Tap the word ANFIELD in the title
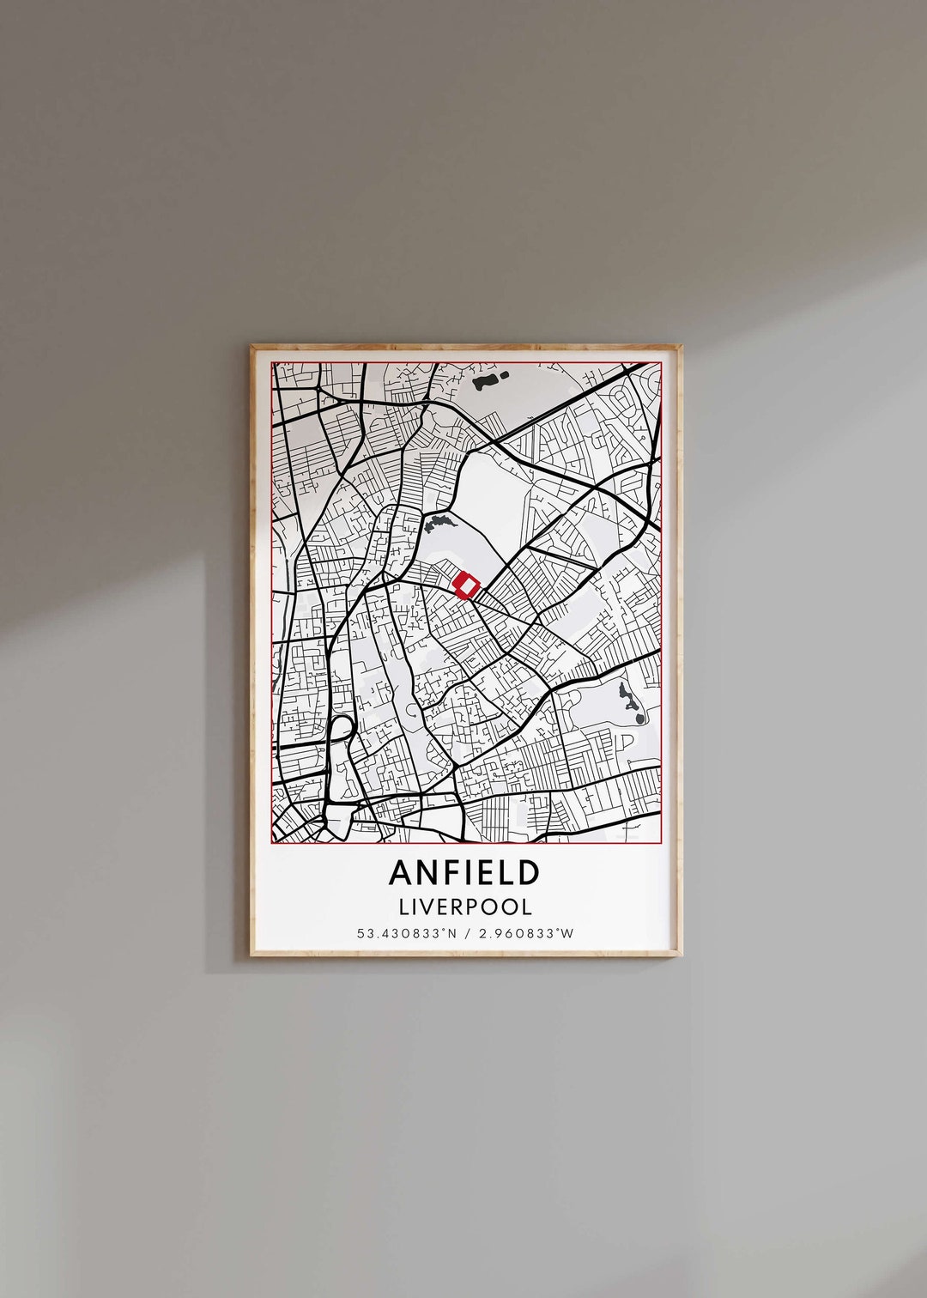(x=464, y=872)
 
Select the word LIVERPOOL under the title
(x=464, y=906)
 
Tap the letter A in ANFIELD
(x=400, y=872)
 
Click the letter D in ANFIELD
(x=530, y=872)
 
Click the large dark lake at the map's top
(x=485, y=379)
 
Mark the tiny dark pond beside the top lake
(x=504, y=373)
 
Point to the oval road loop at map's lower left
(x=341, y=735)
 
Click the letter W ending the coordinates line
(x=567, y=933)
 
